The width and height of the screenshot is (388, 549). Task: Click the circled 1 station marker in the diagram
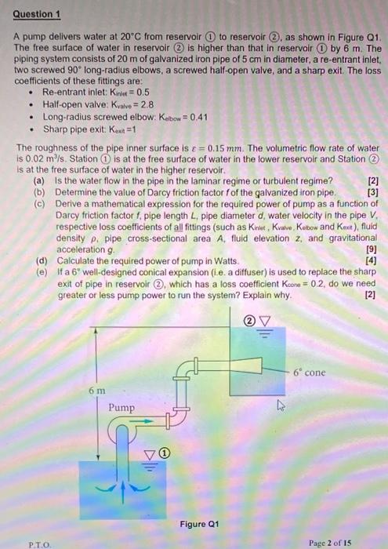click(166, 452)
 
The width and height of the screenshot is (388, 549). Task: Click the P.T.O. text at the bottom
click(39, 540)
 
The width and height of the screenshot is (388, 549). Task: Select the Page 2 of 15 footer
click(332, 540)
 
